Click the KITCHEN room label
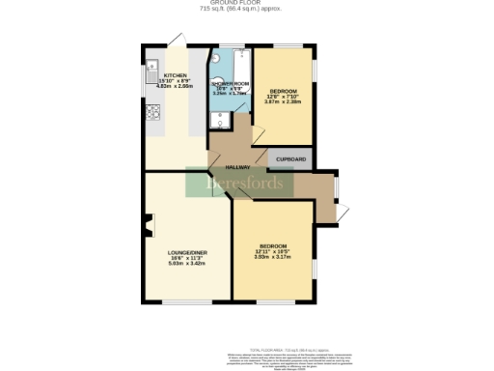[176, 74]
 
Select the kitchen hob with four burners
[152, 112]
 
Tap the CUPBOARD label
[291, 158]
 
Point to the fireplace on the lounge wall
[148, 229]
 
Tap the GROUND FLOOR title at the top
[247, 3]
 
